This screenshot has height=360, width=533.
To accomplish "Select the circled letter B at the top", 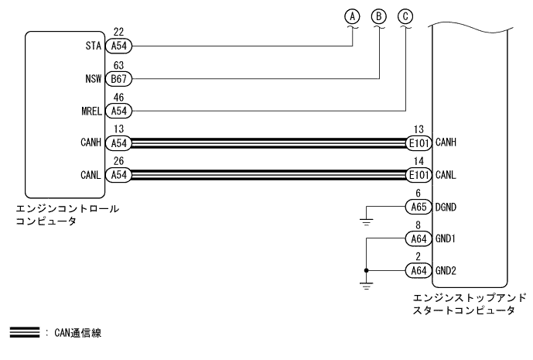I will (379, 15).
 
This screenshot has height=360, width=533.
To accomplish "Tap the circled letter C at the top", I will (405, 15).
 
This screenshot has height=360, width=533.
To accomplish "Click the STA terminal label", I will (96, 46).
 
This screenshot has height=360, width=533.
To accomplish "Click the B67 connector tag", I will (119, 78).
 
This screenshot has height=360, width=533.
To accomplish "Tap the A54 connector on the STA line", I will (119, 46).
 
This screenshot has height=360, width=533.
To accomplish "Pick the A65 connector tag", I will (418, 206).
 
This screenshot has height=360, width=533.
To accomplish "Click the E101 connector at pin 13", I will (418, 142).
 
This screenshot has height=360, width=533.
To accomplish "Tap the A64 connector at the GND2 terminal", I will (418, 270).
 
